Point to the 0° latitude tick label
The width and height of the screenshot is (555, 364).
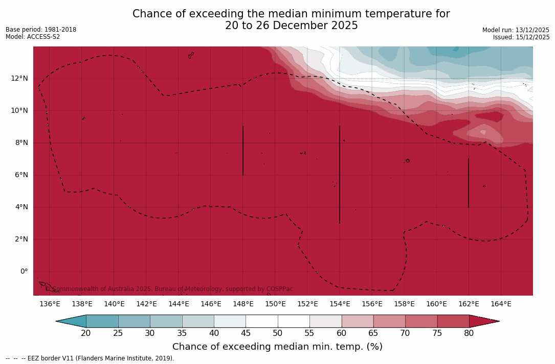click(24, 272)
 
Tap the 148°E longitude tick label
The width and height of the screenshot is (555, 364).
click(243, 304)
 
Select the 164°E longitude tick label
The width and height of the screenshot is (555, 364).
click(501, 304)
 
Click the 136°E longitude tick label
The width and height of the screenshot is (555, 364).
click(50, 304)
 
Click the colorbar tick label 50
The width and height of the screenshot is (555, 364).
click(278, 333)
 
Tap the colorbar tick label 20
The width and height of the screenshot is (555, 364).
click(86, 333)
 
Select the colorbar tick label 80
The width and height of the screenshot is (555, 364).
click(469, 333)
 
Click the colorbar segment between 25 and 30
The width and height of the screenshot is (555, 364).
click(134, 321)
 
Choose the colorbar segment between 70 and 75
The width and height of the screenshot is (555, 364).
click(421, 321)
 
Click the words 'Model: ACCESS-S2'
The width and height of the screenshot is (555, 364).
click(33, 37)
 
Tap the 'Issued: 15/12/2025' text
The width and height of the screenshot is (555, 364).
click(521, 37)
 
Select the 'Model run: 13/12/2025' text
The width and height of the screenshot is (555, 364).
click(516, 30)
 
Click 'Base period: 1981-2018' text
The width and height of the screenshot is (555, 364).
click(41, 30)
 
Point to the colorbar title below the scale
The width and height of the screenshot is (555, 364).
click(277, 347)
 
